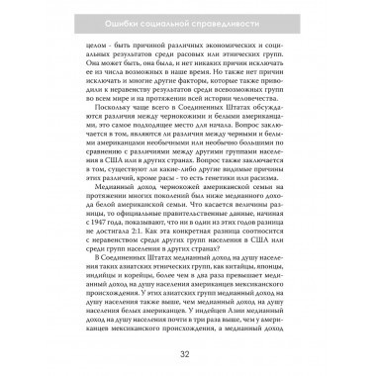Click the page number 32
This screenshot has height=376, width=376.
click(x=187, y=353)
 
